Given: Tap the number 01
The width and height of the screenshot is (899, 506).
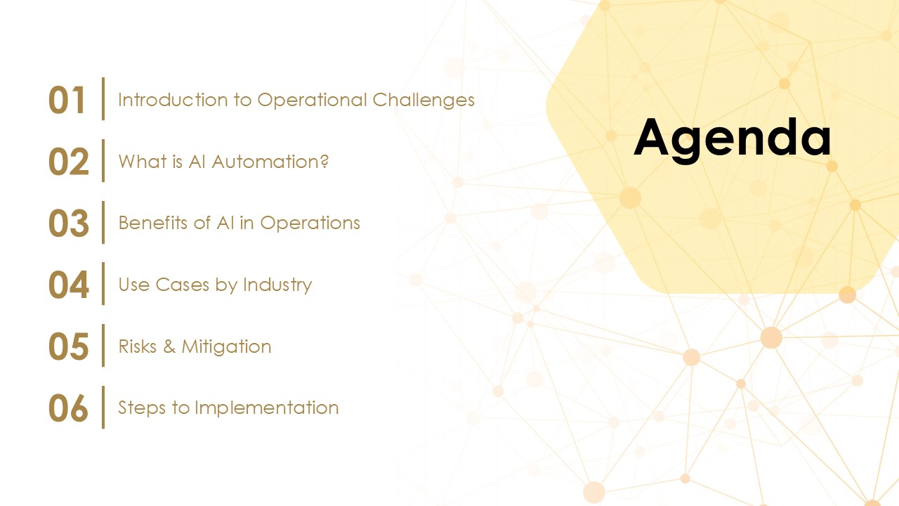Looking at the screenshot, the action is coord(67,100).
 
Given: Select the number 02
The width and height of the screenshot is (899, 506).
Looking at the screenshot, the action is coord(68,162).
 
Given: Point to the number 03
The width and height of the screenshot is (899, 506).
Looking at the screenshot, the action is coord(68,223).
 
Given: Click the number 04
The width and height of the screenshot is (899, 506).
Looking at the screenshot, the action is coord(68,285).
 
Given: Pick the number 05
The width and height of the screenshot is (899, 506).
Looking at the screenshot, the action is coord(68,346).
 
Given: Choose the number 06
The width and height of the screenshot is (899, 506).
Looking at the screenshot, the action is coord(68,408).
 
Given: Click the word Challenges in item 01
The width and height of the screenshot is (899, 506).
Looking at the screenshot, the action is coord(424,100).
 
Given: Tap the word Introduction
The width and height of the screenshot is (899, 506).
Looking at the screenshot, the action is coord(173,100).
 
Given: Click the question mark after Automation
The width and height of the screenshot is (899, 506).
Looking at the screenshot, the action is coord(324,162).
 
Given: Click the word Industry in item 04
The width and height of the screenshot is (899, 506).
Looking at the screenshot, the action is coord(277,285).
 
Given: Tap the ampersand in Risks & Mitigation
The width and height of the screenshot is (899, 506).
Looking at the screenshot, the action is coord(169,346).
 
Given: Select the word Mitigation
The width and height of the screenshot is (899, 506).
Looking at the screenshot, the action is coord(226,347).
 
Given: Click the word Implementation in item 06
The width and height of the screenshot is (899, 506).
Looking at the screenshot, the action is coord(266,409).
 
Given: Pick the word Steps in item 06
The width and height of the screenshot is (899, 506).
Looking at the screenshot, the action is coord(142,409).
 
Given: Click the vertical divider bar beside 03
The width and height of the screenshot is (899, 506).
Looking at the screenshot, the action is coord(103,223).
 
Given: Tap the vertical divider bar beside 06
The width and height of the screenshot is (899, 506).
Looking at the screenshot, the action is coord(103,407).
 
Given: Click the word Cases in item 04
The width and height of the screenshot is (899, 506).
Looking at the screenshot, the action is coord(182,285).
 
